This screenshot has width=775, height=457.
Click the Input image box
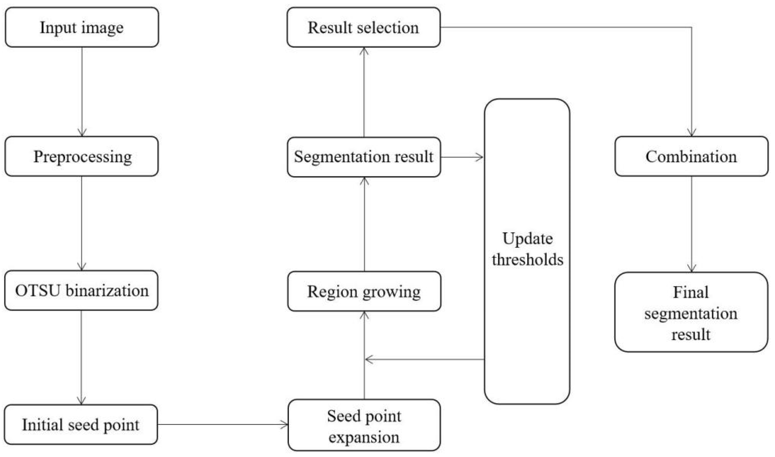(82, 27)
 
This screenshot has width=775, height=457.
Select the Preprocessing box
(82, 156)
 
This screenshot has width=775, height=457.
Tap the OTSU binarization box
(82, 290)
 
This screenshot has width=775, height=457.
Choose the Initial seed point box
(81, 424)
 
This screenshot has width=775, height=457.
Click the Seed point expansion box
(364, 425)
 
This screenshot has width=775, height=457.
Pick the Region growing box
(364, 291)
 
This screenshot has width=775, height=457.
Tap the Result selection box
(363, 27)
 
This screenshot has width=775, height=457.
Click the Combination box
(691, 156)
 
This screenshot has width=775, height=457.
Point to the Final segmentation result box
(691, 312)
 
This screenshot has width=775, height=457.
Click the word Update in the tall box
(528, 239)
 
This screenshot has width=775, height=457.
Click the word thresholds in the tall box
(528, 259)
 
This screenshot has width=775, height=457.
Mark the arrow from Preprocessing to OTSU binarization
(82, 223)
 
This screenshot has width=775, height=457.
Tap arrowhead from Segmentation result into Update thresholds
(479, 157)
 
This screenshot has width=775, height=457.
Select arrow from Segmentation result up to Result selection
(364, 92)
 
